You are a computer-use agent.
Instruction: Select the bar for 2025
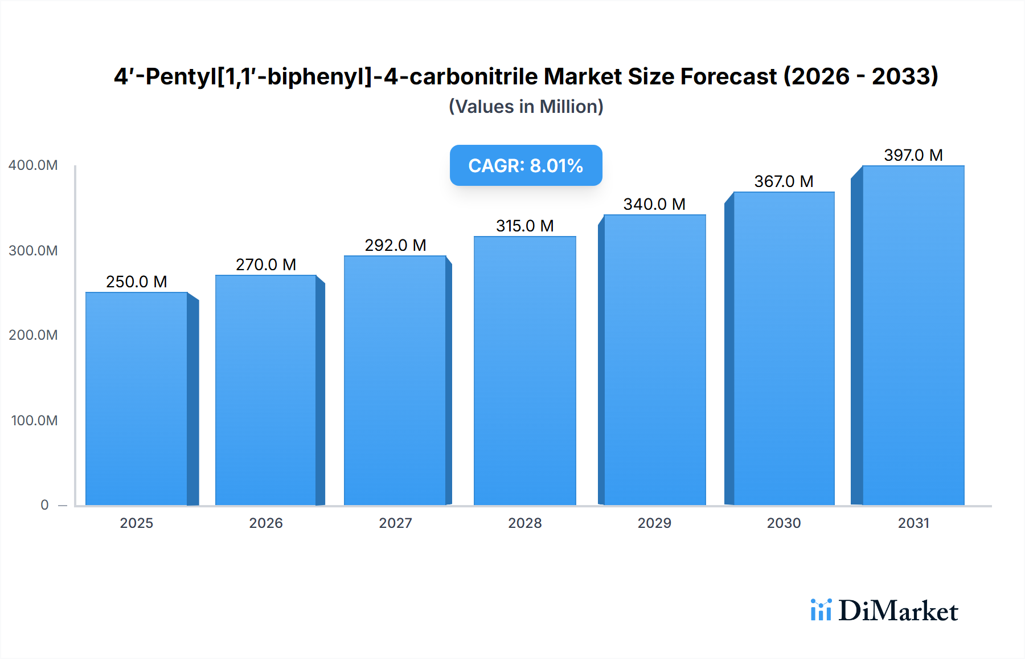[137, 399]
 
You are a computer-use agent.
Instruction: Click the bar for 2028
[524, 371]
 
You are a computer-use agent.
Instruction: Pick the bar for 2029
[654, 360]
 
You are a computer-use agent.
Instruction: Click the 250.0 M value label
[137, 282]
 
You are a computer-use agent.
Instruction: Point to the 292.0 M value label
[395, 245]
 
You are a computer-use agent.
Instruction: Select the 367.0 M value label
[784, 181]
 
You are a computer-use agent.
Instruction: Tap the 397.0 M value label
[913, 155]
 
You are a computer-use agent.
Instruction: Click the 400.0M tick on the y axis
[33, 165]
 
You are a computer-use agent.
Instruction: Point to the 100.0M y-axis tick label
[34, 421]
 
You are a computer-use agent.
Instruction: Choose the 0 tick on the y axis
[44, 505]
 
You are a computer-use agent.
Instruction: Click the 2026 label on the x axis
[266, 523]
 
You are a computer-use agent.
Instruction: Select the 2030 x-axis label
[784, 523]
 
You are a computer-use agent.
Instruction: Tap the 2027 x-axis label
[395, 523]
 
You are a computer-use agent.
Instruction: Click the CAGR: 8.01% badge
[526, 165]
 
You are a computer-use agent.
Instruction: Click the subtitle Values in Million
[526, 107]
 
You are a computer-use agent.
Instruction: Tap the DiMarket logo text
[898, 611]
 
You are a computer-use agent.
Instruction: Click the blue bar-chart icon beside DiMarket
[821, 610]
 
